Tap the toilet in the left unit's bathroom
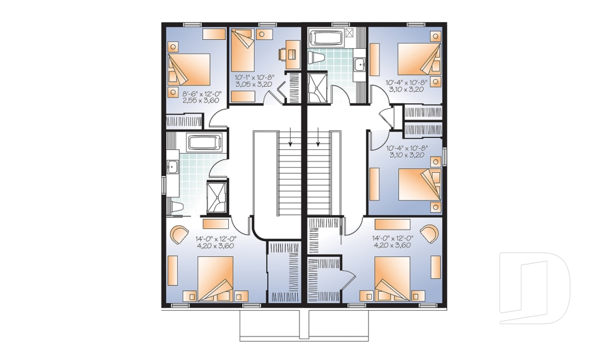pos(176,206)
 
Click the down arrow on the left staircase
pos(290,137)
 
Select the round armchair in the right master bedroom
pos(431,232)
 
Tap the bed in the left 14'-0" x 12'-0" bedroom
pos(216,279)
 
